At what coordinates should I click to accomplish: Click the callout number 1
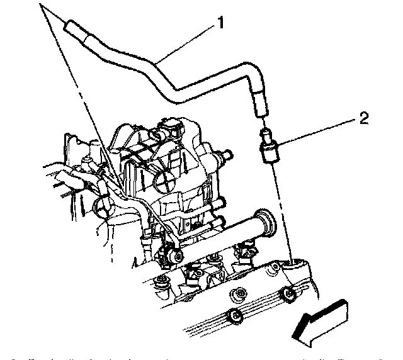pos(220,24)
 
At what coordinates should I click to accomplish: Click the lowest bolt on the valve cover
pos(232,316)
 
